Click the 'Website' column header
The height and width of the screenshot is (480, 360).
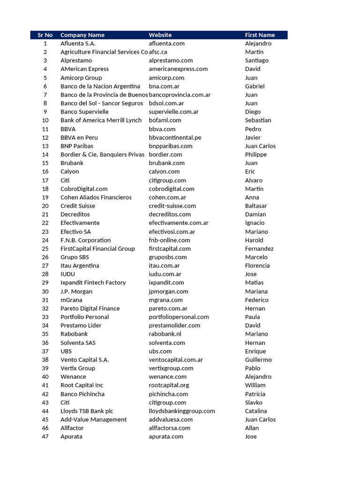160,35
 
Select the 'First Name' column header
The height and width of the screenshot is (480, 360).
260,35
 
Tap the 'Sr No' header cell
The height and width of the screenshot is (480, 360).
45,35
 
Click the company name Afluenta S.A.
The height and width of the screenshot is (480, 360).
78,44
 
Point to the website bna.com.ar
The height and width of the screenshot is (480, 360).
164,86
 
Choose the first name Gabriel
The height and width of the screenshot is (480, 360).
255,86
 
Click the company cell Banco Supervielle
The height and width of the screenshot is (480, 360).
84,112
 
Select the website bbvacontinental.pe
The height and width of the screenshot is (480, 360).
175,137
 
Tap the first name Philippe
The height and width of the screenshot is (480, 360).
255,155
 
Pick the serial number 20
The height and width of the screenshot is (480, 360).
45,206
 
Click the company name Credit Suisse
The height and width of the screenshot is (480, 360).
78,206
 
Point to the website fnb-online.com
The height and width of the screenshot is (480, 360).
169,240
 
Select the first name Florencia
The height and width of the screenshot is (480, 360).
257,266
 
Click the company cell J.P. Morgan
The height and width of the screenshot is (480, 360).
76,292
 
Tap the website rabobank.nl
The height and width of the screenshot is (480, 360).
165,334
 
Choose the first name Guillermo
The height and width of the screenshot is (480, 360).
258,360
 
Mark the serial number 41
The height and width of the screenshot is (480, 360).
45,385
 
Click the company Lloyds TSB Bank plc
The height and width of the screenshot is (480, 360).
87,411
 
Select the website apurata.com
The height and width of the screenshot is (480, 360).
166,437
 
